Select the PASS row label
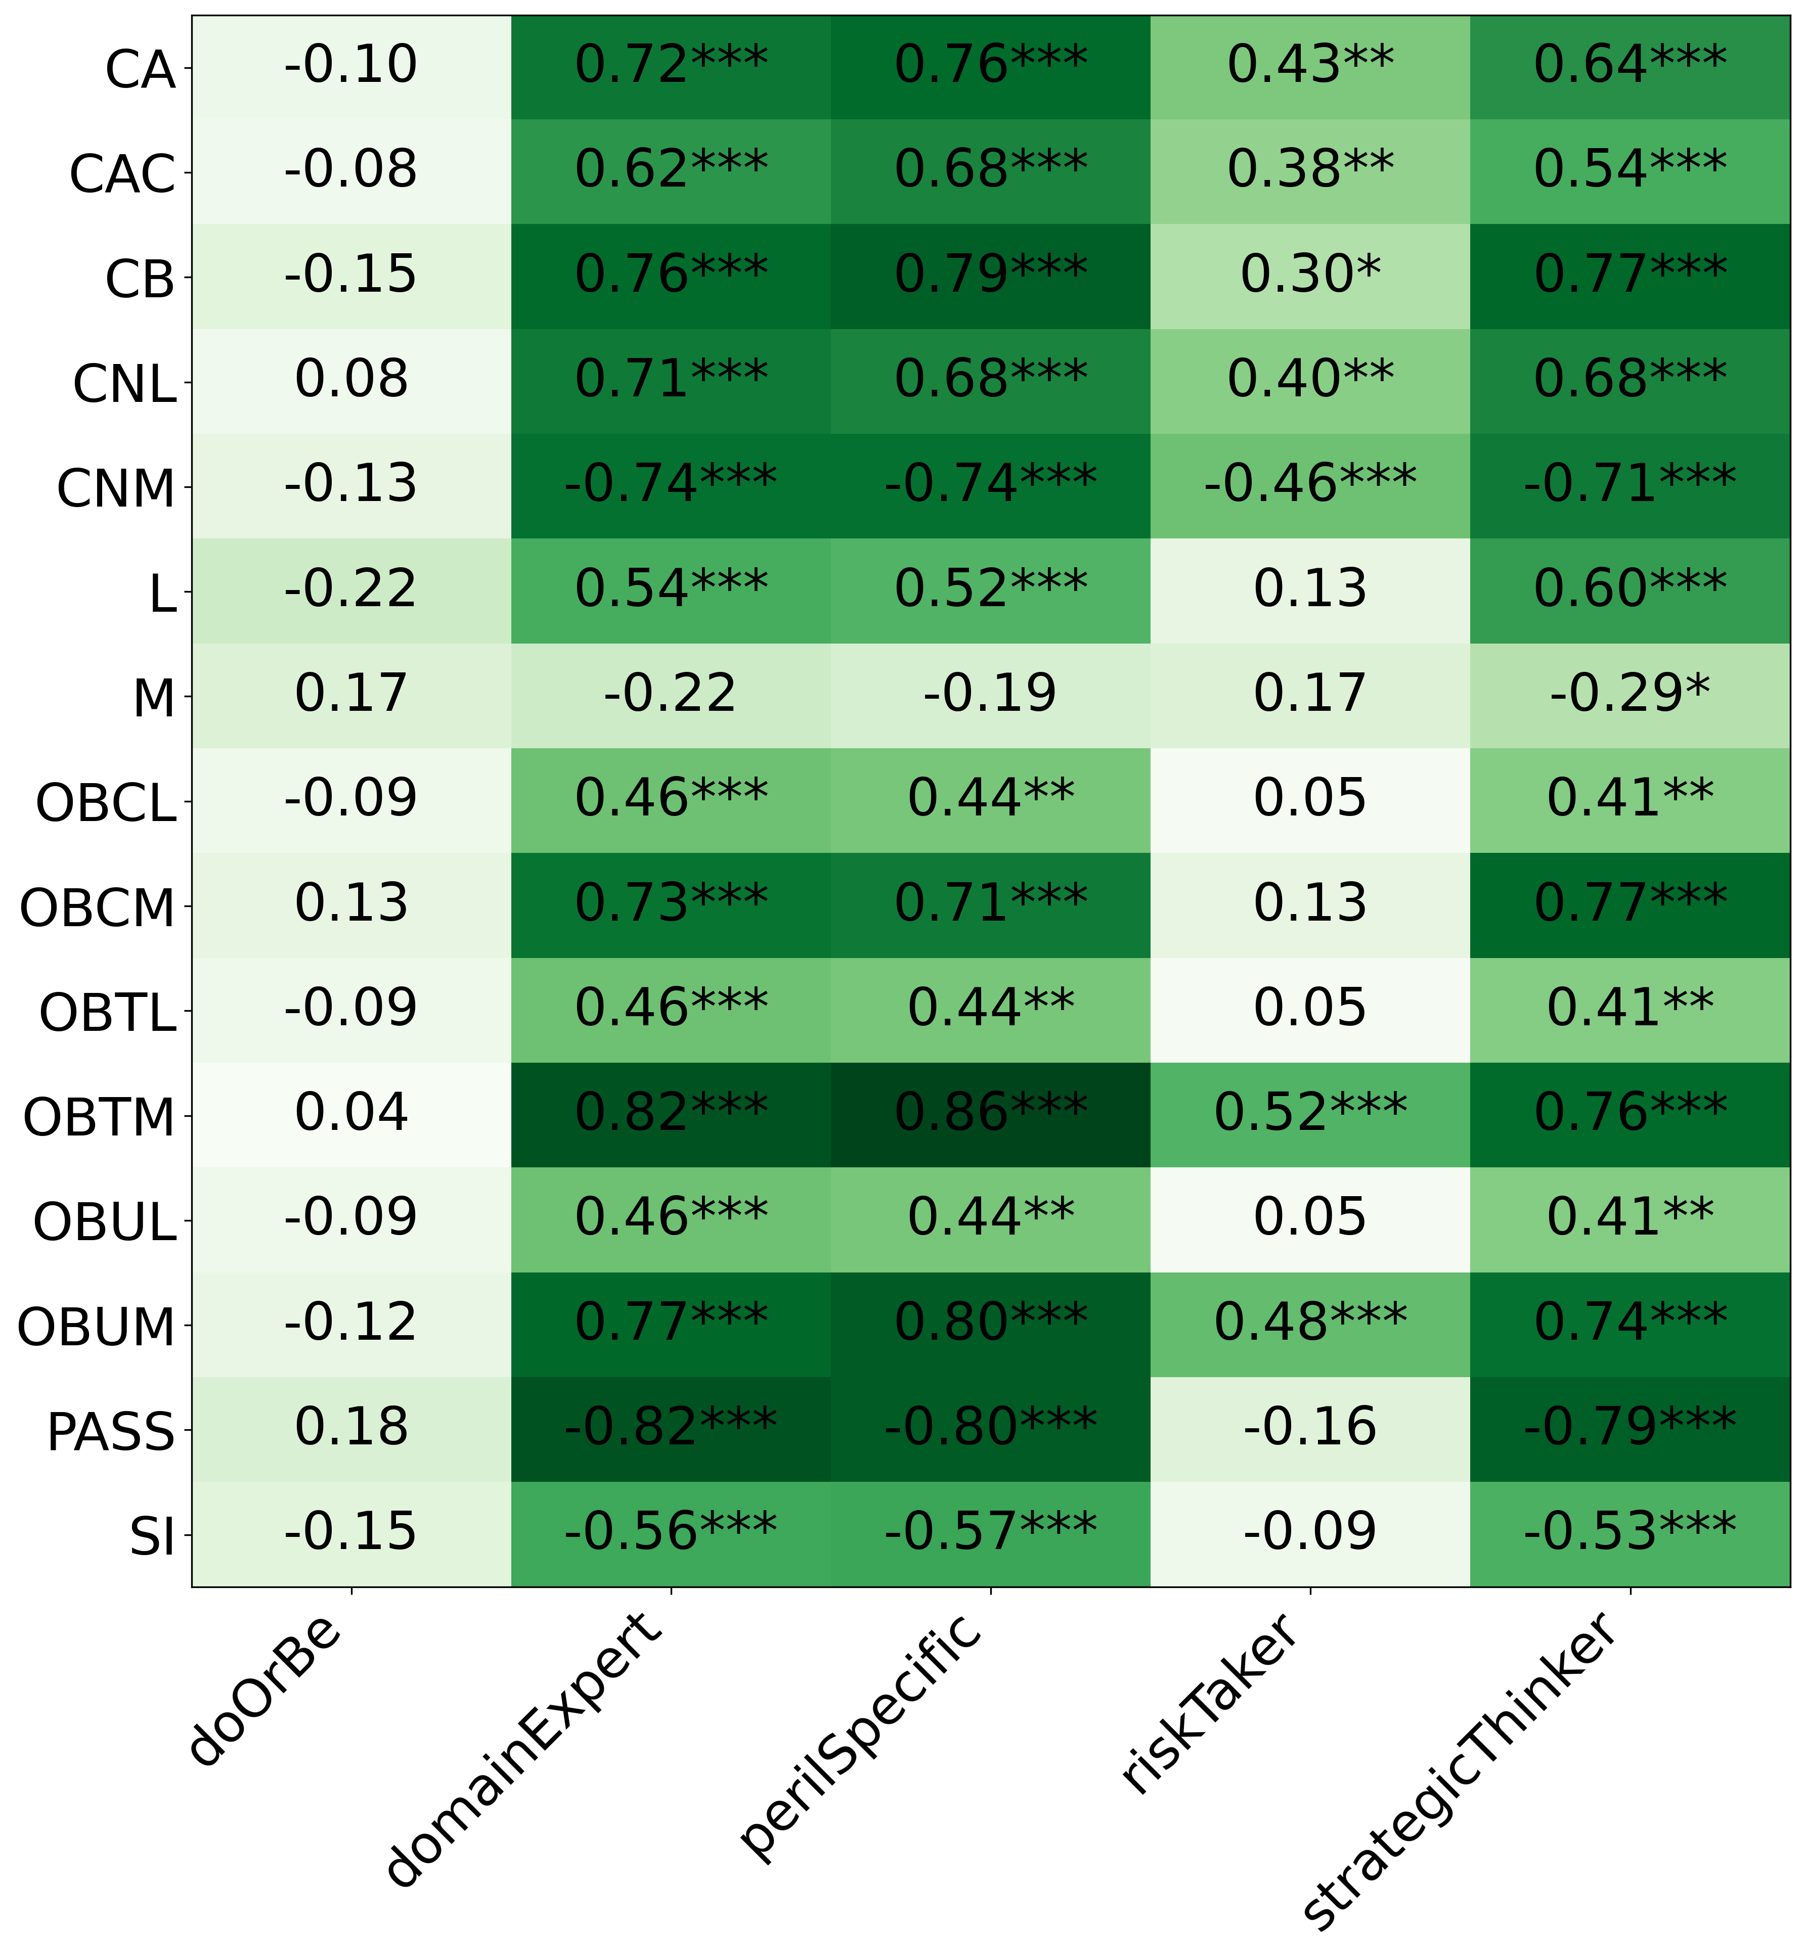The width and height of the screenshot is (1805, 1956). tap(110, 1433)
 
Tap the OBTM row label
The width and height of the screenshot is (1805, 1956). tap(99, 1118)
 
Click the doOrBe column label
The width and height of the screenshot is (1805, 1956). tap(266, 1690)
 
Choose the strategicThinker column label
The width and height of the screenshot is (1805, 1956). tap(1460, 1767)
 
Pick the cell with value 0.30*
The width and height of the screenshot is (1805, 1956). tap(1310, 276)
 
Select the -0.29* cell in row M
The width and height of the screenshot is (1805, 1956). tap(1629, 694)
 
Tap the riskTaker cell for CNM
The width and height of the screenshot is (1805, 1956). tap(1310, 484)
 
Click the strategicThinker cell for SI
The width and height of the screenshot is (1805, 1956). tap(1629, 1532)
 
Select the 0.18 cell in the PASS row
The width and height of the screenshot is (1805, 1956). tap(350, 1428)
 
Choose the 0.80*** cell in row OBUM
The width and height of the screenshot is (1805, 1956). tap(990, 1323)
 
